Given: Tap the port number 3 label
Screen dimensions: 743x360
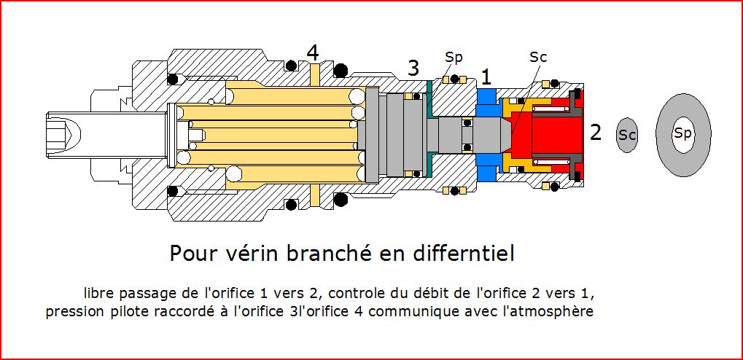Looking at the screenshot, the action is [x=413, y=69].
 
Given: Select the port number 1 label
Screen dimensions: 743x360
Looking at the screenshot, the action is [x=486, y=76].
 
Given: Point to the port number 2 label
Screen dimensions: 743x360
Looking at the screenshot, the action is [x=596, y=133].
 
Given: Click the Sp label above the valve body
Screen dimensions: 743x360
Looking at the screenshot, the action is [x=454, y=57].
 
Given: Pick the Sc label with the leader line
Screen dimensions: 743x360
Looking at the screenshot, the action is [x=538, y=57].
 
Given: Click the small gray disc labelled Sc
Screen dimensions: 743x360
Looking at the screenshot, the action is [x=627, y=135].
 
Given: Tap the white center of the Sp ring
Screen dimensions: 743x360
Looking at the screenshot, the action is [x=682, y=133].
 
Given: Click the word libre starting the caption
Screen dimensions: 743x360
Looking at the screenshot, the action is [x=101, y=294].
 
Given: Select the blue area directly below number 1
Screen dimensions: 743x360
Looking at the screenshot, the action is [x=486, y=98].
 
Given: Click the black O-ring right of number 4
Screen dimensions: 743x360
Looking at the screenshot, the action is [x=340, y=70].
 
